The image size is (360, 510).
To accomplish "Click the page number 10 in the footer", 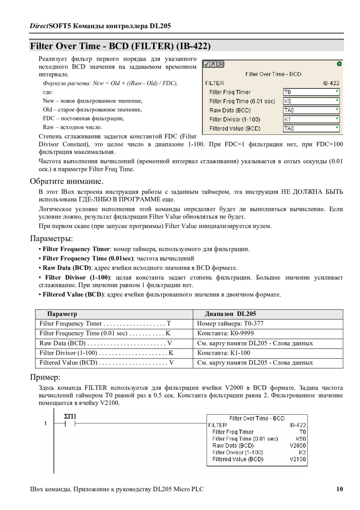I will pos(339,489).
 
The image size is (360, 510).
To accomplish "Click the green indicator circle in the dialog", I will pos(340,64).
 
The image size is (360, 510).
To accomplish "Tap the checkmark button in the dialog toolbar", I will pos(206,64).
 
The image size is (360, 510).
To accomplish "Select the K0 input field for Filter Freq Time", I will pos(311,101).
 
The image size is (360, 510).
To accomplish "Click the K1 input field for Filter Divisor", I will pos(311,119).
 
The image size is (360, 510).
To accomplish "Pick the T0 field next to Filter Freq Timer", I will pos(311,92).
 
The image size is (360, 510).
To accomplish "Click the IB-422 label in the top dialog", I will pos(331,83).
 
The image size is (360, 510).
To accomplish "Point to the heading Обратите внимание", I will pos(66,181).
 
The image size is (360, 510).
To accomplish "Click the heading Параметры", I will pos(51,239).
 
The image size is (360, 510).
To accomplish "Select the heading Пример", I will pos(45,377).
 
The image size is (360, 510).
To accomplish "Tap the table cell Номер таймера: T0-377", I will pos(230,323).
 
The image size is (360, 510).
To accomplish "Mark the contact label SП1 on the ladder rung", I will pos(70,416).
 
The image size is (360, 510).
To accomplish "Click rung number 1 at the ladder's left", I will pos(46,424).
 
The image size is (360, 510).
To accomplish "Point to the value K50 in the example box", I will pos(301,439).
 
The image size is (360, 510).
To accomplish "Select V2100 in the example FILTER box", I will pos(298,459).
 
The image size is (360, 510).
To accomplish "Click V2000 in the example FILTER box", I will pos(298,446).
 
